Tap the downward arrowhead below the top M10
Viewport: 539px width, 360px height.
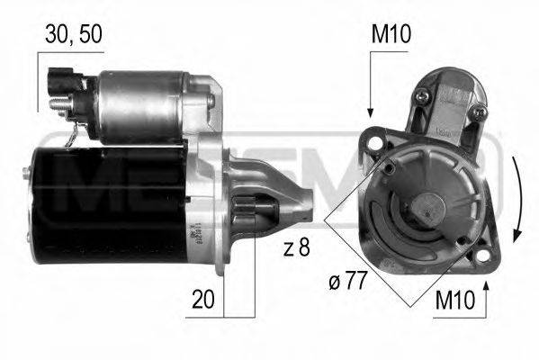pyautogui.click(x=369, y=110)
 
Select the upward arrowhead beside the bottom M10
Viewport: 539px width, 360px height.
pyautogui.click(x=485, y=286)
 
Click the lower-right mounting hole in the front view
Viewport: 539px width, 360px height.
pyautogui.click(x=462, y=239)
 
